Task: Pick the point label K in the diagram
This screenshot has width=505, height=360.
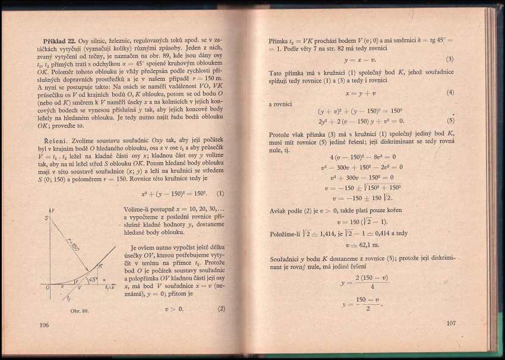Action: coord(100,266)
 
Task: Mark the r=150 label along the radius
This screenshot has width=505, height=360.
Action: coord(71,242)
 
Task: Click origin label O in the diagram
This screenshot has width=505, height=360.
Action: coord(47,288)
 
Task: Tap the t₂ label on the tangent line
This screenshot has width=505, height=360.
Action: coord(69,298)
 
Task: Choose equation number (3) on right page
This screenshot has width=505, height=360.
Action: coord(450,59)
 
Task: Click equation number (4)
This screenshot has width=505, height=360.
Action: coord(450,93)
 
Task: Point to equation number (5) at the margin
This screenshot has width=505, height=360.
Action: coord(450,119)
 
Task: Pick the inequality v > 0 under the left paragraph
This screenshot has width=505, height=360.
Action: coord(174,309)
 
